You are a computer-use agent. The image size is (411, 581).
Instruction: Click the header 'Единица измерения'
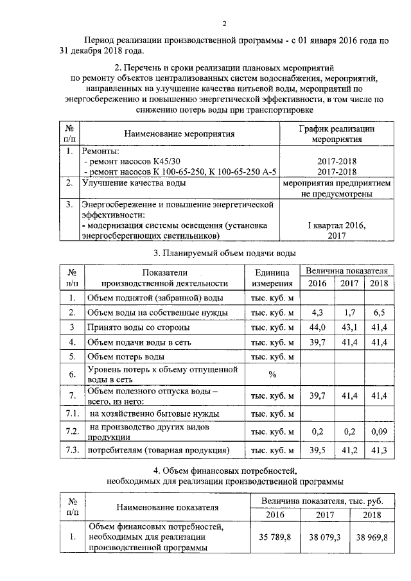point(272,277)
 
